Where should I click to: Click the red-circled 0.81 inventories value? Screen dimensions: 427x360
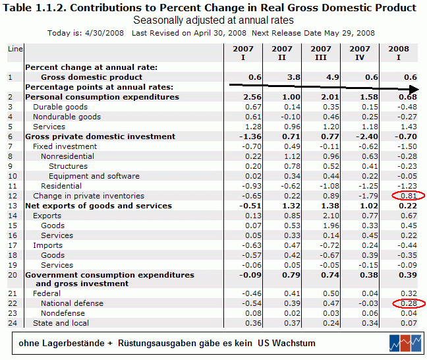(x=409, y=196)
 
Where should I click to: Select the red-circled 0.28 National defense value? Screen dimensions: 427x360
(x=409, y=303)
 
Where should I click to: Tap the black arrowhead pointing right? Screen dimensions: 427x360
(x=414, y=89)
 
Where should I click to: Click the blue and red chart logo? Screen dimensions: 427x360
(x=405, y=343)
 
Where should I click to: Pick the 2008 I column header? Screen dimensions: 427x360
(x=399, y=53)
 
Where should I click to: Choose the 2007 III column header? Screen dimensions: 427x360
(x=321, y=53)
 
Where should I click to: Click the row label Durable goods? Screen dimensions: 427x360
(x=60, y=107)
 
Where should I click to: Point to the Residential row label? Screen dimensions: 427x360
(x=61, y=186)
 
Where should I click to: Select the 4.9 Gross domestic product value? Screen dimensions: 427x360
(x=333, y=77)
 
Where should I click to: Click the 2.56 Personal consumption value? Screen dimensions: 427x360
(x=252, y=97)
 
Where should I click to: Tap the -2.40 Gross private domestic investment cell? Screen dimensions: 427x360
(x=367, y=136)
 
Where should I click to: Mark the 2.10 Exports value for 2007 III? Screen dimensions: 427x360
(x=331, y=216)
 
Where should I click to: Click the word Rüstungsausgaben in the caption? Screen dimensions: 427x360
(x=158, y=343)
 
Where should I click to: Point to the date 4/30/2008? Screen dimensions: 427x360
(x=104, y=33)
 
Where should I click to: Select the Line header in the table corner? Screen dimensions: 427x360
(x=15, y=49)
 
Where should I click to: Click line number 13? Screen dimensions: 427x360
(x=13, y=206)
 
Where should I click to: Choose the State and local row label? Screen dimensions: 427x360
(x=61, y=323)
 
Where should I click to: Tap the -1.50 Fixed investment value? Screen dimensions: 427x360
(x=407, y=146)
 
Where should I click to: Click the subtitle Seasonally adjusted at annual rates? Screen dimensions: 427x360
(x=213, y=20)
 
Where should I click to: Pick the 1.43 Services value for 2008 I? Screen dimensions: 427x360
(x=409, y=127)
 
